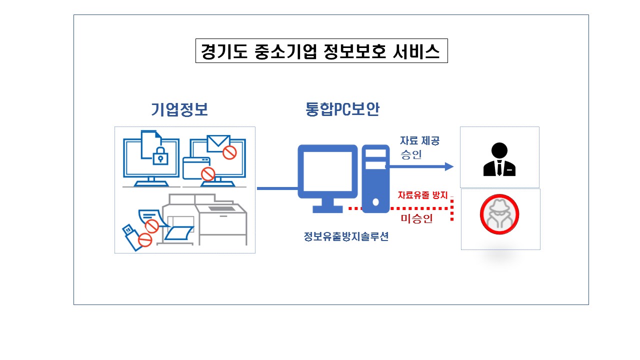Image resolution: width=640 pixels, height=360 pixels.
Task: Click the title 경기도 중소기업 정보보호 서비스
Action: click(321, 51)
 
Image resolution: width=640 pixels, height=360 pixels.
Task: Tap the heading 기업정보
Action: click(179, 109)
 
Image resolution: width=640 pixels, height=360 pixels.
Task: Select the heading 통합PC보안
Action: click(342, 109)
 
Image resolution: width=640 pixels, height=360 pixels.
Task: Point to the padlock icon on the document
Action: click(160, 155)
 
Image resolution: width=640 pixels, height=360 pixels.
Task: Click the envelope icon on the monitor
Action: click(218, 143)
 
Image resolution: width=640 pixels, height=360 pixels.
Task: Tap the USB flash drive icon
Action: click(131, 237)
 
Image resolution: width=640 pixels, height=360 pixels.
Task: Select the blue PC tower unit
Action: click(375, 179)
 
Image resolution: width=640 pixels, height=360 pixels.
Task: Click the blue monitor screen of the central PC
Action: click(327, 171)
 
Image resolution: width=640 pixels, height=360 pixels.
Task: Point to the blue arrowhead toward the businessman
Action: click(449, 166)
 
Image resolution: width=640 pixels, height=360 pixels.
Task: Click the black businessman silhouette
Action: click(499, 159)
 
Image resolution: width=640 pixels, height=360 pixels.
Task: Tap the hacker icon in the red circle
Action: click(499, 214)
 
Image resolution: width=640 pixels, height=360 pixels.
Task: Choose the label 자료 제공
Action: click(419, 140)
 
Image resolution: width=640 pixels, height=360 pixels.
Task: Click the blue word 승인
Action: click(411, 154)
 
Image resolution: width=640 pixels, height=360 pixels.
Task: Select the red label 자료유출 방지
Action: click(422, 195)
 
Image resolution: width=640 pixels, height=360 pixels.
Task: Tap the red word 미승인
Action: click(416, 218)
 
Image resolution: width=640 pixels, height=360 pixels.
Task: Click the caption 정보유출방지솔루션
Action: click(346, 236)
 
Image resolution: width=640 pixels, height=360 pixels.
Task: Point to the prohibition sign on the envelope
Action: click(229, 152)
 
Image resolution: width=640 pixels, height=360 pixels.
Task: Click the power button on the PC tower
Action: click(375, 202)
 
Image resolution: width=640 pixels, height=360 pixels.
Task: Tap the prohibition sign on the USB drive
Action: click(145, 240)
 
